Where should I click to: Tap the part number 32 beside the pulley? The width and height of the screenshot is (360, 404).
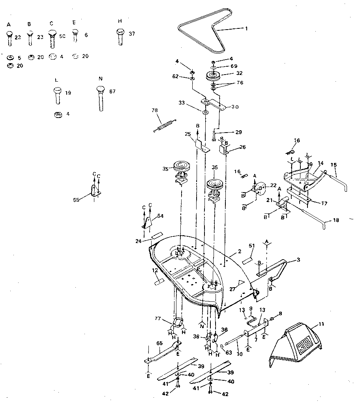pos(239,73)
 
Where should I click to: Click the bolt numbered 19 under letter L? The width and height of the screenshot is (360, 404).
pos(58,95)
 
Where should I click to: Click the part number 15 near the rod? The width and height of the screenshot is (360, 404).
pos(334,165)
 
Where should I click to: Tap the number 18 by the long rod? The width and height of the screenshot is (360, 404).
pos(336,220)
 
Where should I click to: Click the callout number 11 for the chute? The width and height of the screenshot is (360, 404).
pos(321,324)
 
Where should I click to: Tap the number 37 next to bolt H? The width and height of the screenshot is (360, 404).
pos(132,34)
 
